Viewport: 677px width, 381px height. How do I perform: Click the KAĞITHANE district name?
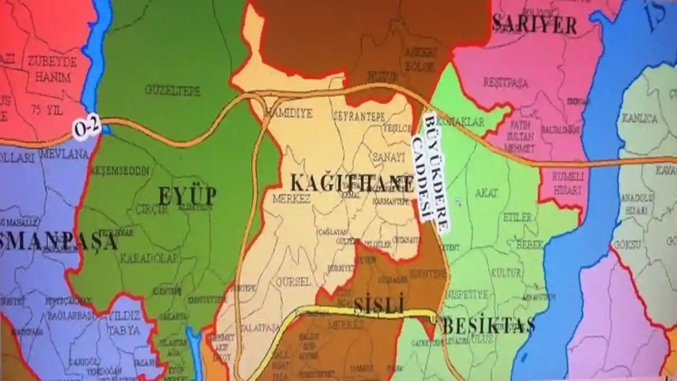352,183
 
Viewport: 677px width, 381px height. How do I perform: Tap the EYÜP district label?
187,196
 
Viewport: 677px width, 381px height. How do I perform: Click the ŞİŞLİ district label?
379,305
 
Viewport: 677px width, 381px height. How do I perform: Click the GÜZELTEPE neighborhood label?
173,90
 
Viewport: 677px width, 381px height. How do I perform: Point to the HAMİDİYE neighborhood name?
289,113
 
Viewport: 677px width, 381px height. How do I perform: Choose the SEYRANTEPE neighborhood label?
359,117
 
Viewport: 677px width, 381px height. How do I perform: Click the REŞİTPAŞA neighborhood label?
505,83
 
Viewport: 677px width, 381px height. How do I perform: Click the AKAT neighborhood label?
486,193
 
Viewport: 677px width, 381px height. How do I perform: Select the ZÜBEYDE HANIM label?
52,69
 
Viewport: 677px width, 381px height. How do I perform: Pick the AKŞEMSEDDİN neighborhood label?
121,171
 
